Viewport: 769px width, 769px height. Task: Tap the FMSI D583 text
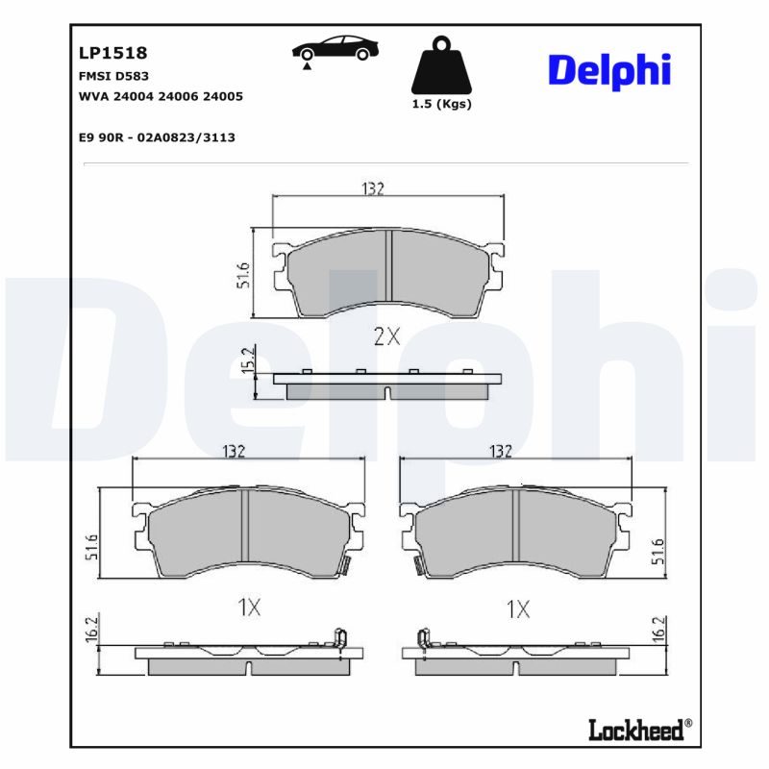tap(112, 75)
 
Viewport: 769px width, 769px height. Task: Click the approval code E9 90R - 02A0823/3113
tap(156, 137)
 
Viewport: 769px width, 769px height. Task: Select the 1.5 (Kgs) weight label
tap(441, 104)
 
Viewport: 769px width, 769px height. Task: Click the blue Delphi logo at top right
tap(608, 70)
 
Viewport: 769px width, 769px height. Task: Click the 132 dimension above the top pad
tap(373, 188)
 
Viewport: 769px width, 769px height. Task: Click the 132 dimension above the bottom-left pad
tap(236, 451)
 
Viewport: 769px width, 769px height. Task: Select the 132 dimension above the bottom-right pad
tap(500, 451)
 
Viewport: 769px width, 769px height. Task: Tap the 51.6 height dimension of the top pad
tap(243, 275)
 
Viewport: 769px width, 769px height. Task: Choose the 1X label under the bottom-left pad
tap(249, 607)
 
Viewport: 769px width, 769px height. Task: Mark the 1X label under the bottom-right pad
tap(518, 608)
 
